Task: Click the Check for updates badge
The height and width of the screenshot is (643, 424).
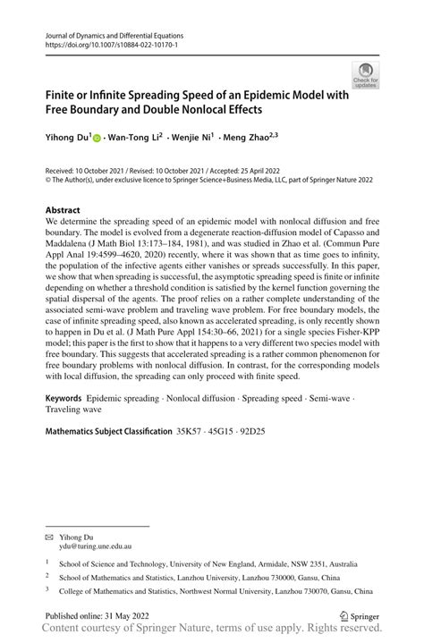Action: tap(365, 75)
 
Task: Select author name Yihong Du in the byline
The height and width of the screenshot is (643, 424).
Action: tap(69, 140)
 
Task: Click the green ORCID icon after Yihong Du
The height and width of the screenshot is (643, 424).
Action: tap(98, 140)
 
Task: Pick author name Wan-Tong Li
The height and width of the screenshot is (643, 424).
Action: tap(135, 140)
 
